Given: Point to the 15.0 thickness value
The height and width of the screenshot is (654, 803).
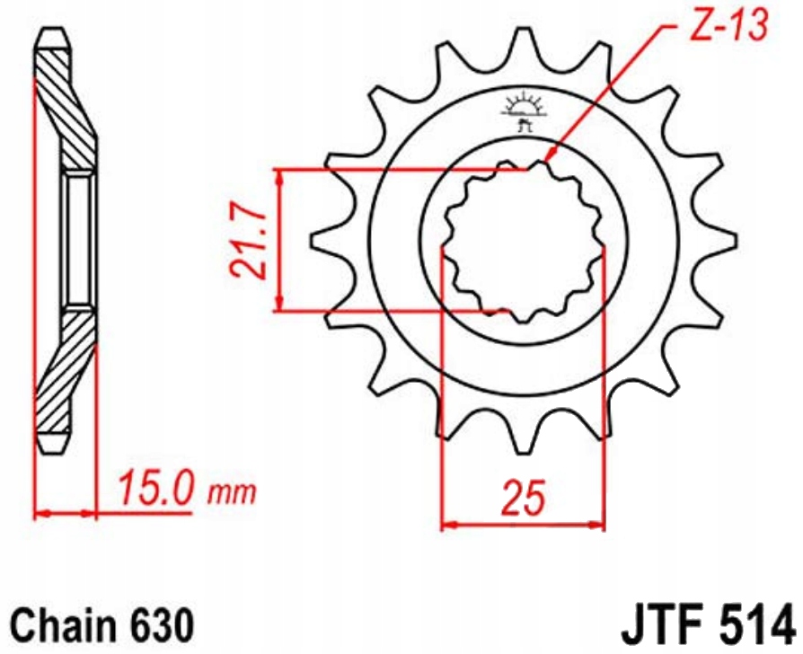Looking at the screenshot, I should [154, 490].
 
